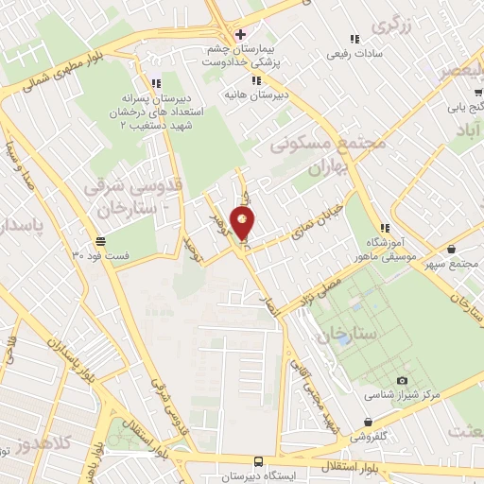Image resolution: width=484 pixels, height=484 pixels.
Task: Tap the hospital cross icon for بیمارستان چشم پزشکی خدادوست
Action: point(240,34)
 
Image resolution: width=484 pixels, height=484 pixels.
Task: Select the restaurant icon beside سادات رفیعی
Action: point(354,39)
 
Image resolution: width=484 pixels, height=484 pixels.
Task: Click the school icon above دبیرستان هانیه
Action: point(230,79)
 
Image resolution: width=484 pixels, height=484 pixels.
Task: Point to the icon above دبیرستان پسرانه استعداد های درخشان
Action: point(155,83)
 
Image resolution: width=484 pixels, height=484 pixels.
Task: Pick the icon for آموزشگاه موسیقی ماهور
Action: point(385,228)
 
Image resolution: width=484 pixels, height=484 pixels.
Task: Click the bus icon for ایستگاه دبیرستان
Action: point(258,461)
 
